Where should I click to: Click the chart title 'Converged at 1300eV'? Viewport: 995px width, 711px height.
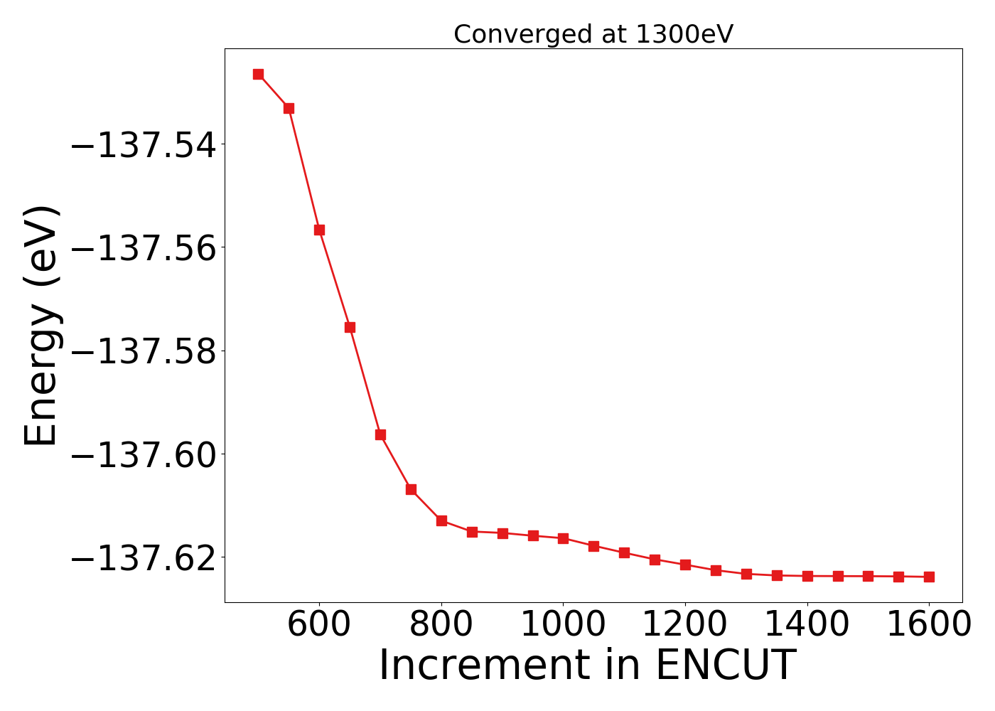593,34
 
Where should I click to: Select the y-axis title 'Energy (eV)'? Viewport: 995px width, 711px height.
41,325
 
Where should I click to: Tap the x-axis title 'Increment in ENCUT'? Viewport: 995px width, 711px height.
587,665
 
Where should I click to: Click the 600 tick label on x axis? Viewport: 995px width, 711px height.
319,624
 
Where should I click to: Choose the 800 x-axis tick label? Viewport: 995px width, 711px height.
441,624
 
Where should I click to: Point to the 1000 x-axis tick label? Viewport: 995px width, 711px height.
563,624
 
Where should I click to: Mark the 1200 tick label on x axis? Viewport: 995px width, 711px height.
685,624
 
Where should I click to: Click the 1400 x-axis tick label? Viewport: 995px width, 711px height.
807,624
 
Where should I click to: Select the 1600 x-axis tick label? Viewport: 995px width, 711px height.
929,624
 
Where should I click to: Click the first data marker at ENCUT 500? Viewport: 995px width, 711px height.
258,74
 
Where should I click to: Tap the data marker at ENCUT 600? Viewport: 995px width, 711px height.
319,230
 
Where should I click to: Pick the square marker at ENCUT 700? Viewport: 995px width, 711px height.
380,434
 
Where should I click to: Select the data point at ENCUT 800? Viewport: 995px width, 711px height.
441,520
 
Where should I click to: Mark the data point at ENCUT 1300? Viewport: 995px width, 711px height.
746,574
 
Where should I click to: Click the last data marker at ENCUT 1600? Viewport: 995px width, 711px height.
929,577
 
